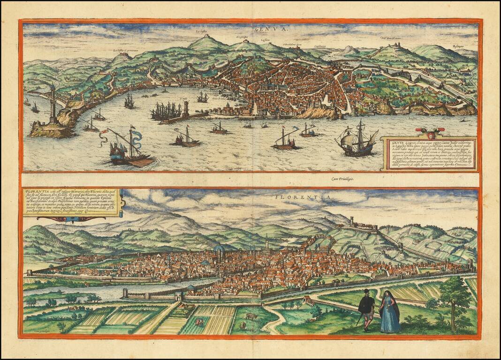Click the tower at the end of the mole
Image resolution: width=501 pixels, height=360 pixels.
point(186,109)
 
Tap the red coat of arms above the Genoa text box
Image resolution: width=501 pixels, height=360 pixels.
point(426,131)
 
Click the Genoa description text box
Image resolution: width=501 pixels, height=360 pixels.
point(428,154)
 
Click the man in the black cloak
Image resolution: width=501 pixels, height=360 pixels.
point(366,307)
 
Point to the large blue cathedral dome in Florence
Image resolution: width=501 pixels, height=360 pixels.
point(219,249)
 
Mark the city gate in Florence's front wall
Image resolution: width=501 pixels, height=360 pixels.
point(178,296)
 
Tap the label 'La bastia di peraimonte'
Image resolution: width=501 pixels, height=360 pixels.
point(127,50)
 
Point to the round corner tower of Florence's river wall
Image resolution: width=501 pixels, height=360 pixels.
point(124,293)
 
